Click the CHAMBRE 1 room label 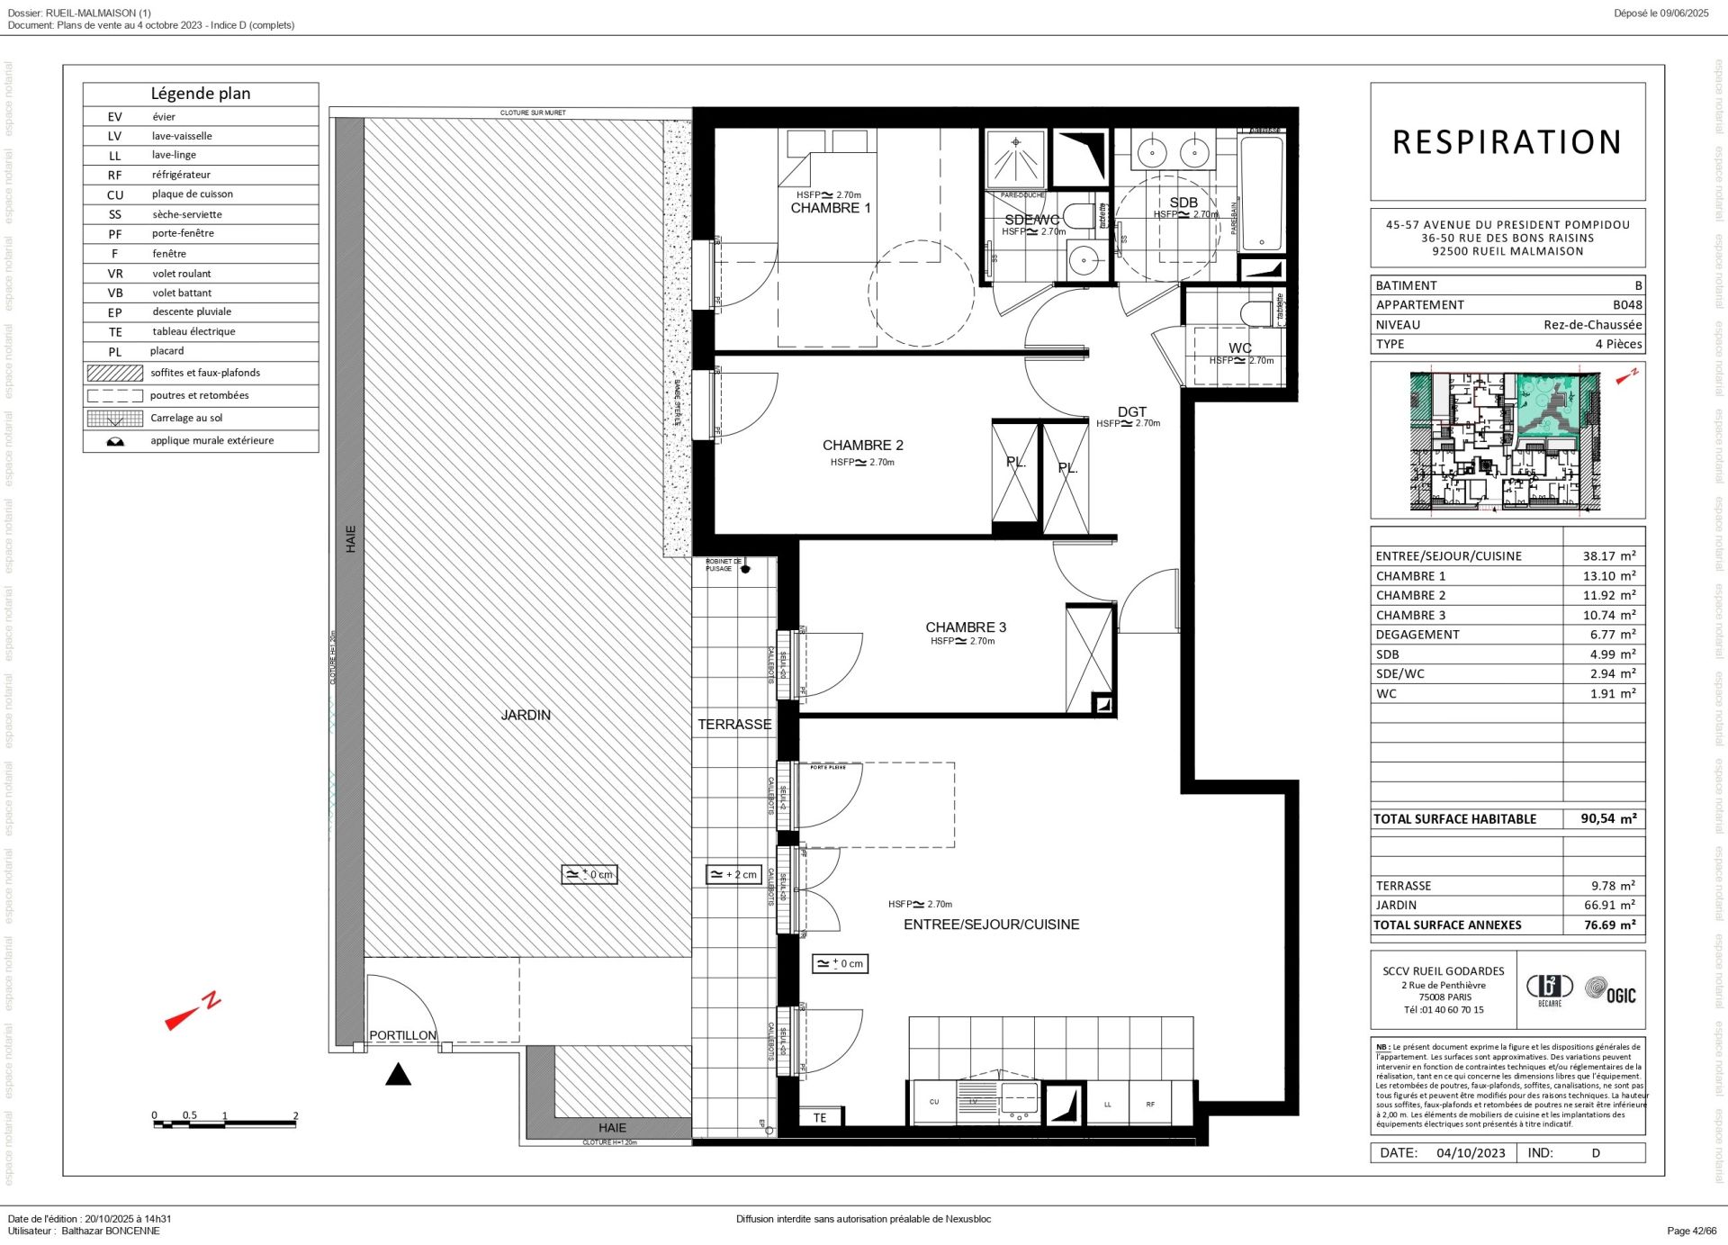pos(830,208)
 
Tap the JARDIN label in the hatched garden pos(526,715)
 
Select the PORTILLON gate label pos(402,1035)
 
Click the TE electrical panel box pos(820,1117)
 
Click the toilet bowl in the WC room pos(1255,314)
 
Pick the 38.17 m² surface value pos(1608,556)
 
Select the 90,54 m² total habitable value pos(1608,818)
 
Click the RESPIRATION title pos(1507,142)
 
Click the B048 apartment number pos(1627,304)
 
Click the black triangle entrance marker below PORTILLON pos(398,1074)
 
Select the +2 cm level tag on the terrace pos(734,874)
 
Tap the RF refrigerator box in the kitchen pos(1149,1105)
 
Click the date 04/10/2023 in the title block pos(1471,1153)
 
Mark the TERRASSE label pos(734,724)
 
